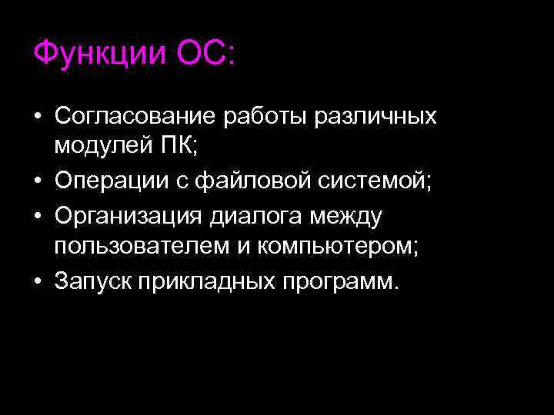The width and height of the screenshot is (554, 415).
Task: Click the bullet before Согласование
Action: tap(37, 117)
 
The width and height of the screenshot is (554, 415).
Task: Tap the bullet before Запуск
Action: tap(37, 282)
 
